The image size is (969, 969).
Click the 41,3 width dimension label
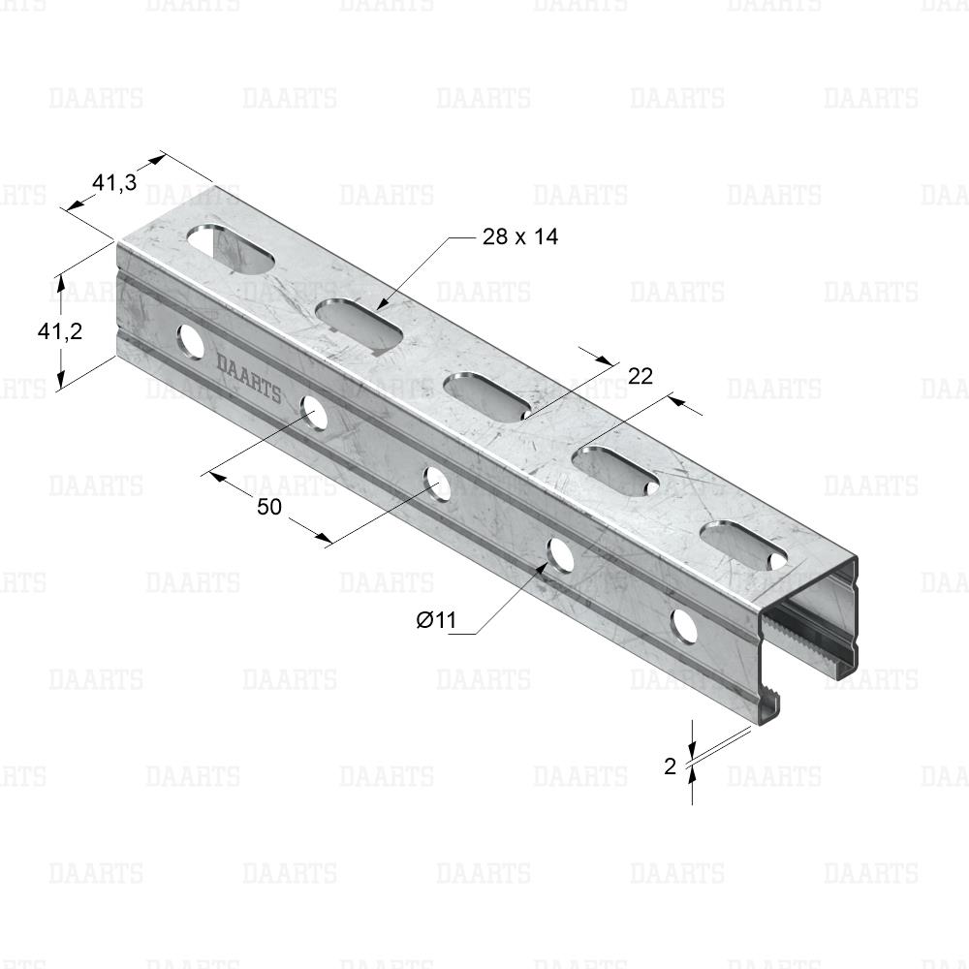[114, 183]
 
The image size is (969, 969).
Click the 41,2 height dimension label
[60, 331]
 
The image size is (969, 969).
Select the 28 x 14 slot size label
[519, 236]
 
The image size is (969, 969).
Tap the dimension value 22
[641, 376]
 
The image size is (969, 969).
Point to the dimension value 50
[268, 507]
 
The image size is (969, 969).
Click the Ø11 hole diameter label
[436, 619]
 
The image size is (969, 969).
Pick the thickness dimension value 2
[671, 766]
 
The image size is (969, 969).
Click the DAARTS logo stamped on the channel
[248, 378]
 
